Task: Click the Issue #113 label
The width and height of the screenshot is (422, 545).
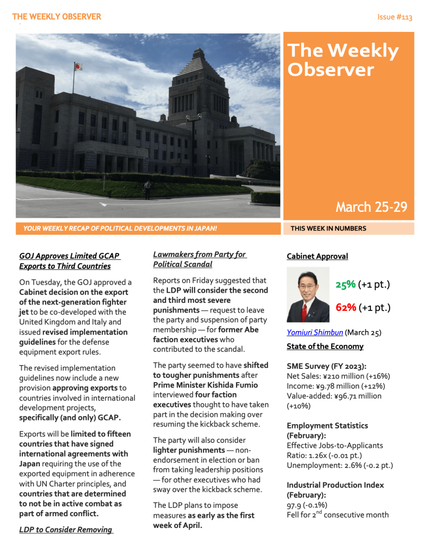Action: click(394, 17)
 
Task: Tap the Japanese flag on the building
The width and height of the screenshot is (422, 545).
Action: click(78, 67)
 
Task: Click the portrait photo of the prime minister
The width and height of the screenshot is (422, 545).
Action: click(308, 294)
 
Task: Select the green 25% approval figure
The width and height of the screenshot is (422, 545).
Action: click(345, 285)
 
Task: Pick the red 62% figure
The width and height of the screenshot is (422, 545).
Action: click(345, 308)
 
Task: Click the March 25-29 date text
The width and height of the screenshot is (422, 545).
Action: click(372, 207)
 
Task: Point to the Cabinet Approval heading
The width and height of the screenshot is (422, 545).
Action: click(317, 257)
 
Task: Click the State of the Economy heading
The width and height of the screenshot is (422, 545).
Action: click(325, 346)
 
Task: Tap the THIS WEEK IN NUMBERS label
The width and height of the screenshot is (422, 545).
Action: click(328, 228)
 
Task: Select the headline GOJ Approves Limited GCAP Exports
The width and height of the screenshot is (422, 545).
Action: click(70, 261)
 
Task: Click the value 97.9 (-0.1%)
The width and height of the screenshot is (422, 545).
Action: click(307, 505)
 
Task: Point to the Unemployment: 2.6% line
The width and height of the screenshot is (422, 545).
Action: click(340, 465)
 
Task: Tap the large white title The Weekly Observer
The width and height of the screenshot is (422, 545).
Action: click(343, 60)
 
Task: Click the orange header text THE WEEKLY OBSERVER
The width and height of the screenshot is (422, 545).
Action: click(56, 17)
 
